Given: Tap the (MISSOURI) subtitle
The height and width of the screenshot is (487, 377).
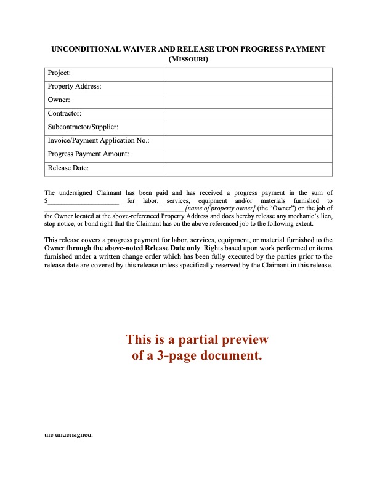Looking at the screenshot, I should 188,59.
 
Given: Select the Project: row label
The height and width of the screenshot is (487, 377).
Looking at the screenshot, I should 59,74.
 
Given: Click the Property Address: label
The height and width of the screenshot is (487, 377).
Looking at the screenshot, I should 75,87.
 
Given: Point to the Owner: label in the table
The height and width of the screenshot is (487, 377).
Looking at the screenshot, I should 59,101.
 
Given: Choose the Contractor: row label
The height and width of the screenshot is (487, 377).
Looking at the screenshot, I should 65,114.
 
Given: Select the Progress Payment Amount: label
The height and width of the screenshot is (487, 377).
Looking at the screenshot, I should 88,155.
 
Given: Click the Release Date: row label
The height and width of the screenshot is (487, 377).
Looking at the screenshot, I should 68,168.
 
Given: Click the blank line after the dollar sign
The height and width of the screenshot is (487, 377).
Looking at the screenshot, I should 83,201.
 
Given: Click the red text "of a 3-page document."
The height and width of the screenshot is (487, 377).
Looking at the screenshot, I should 197,355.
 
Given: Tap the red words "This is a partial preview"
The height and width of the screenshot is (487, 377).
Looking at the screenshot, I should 197,340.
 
